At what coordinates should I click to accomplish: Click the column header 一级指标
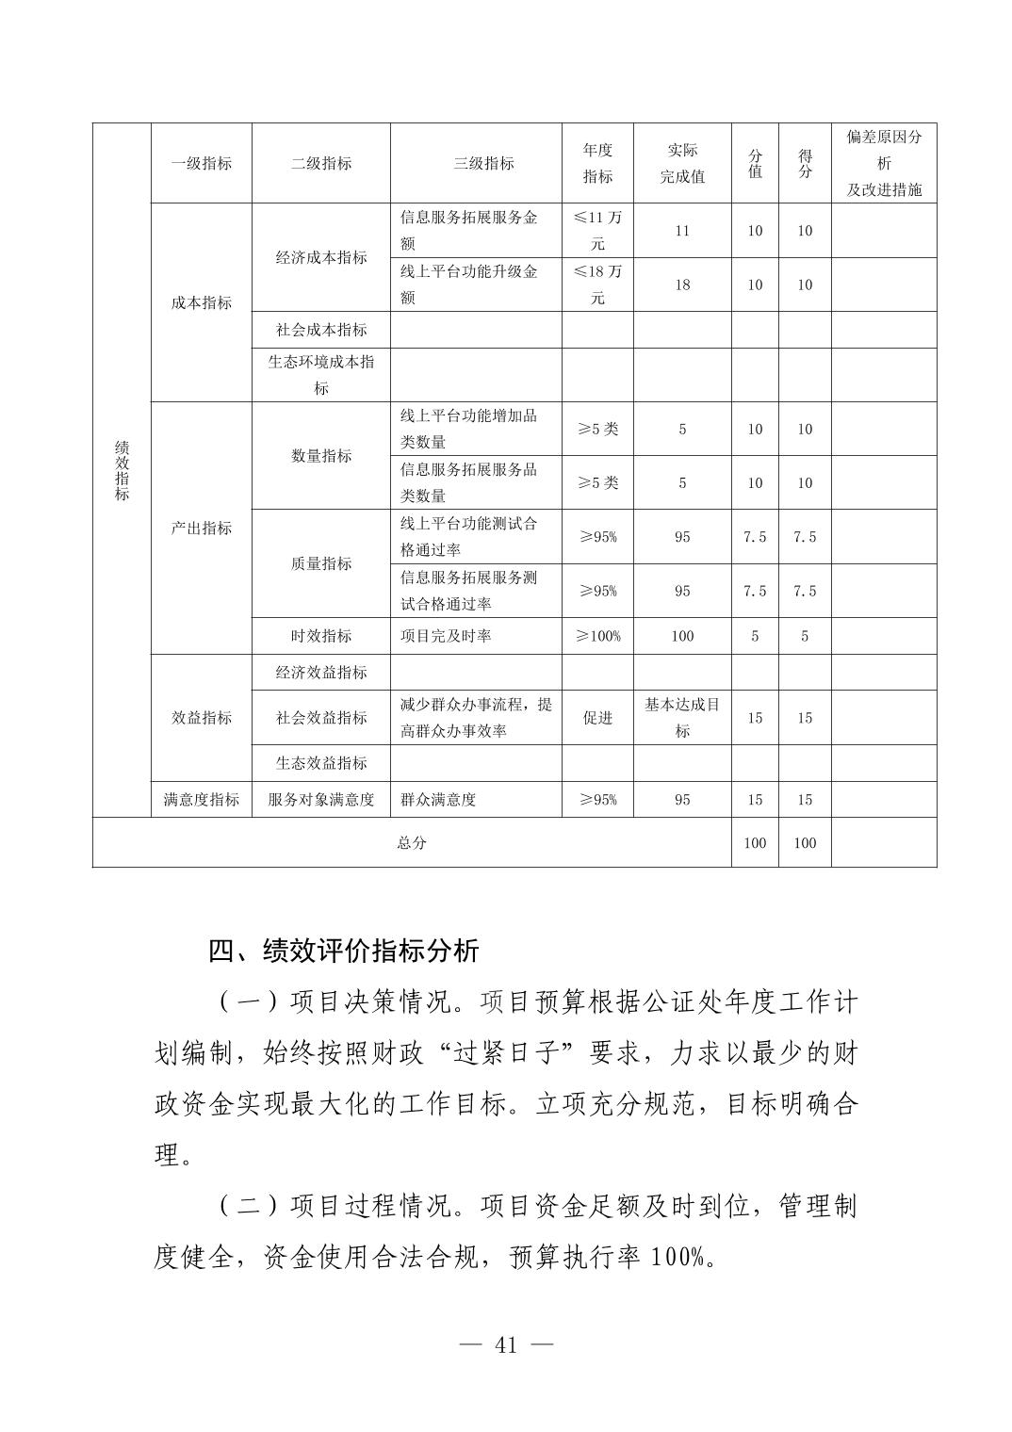coord(201,163)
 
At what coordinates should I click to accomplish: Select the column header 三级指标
coord(483,163)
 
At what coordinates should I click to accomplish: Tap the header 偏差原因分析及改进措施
coord(883,163)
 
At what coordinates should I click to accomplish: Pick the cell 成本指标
coord(201,302)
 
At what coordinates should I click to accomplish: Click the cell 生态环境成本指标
coord(321,374)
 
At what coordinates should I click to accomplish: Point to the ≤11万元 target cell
coord(597,231)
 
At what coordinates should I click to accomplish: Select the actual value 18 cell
coord(682,285)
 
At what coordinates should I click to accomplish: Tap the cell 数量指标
coord(321,455)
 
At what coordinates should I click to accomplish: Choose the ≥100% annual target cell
coord(597,636)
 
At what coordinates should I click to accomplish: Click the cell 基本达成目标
coord(682,717)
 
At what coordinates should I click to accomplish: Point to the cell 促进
coord(597,718)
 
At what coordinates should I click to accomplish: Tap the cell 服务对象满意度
coord(321,799)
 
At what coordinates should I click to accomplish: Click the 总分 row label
coord(412,842)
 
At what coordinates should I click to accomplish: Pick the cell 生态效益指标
coord(321,763)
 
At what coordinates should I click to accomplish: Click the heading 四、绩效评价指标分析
coord(344,950)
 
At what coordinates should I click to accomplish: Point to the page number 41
coord(506,1345)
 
